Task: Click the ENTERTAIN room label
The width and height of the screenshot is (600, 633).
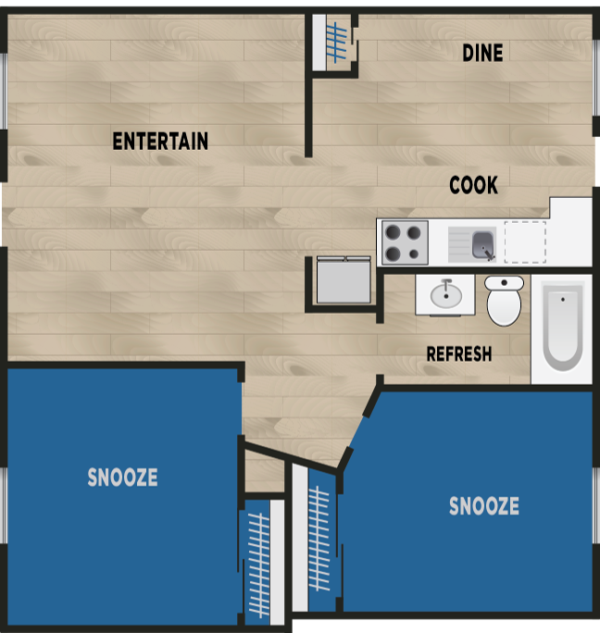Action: coord(160,142)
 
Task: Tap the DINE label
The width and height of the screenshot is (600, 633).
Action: coord(482,54)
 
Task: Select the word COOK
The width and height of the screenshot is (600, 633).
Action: coord(473,186)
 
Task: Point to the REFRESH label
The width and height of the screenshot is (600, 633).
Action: coord(458,354)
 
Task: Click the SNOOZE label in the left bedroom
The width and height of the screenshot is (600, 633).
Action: coord(122,478)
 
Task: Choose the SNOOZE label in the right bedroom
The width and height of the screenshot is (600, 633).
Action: coord(483,506)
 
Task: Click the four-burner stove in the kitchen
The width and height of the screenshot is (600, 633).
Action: coord(405,242)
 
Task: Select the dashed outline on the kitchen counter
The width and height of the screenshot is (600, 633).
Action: coord(524,242)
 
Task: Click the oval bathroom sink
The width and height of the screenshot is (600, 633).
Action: coord(446,295)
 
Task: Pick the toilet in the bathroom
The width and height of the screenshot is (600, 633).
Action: coord(504,301)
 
